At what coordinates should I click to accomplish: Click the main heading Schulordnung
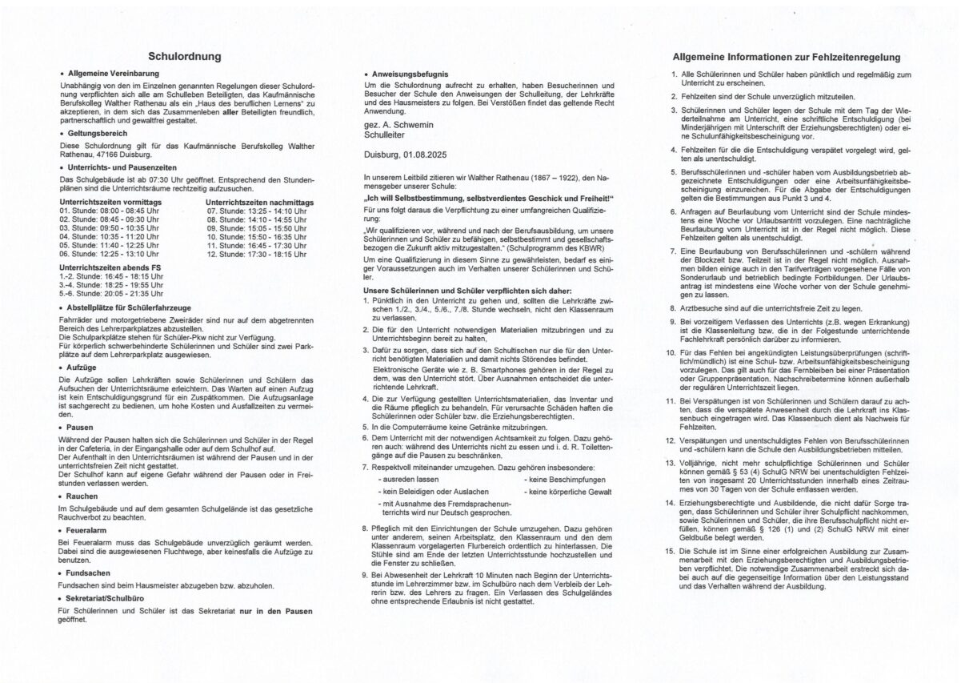pos(185,57)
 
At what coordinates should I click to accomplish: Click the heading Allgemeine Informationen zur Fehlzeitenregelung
pos(787,57)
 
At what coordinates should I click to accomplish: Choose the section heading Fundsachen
pos(90,573)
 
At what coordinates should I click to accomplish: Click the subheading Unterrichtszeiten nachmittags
pos(260,203)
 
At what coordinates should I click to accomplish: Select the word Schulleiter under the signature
pos(384,134)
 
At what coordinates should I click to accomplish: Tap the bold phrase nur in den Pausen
pos(275,611)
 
